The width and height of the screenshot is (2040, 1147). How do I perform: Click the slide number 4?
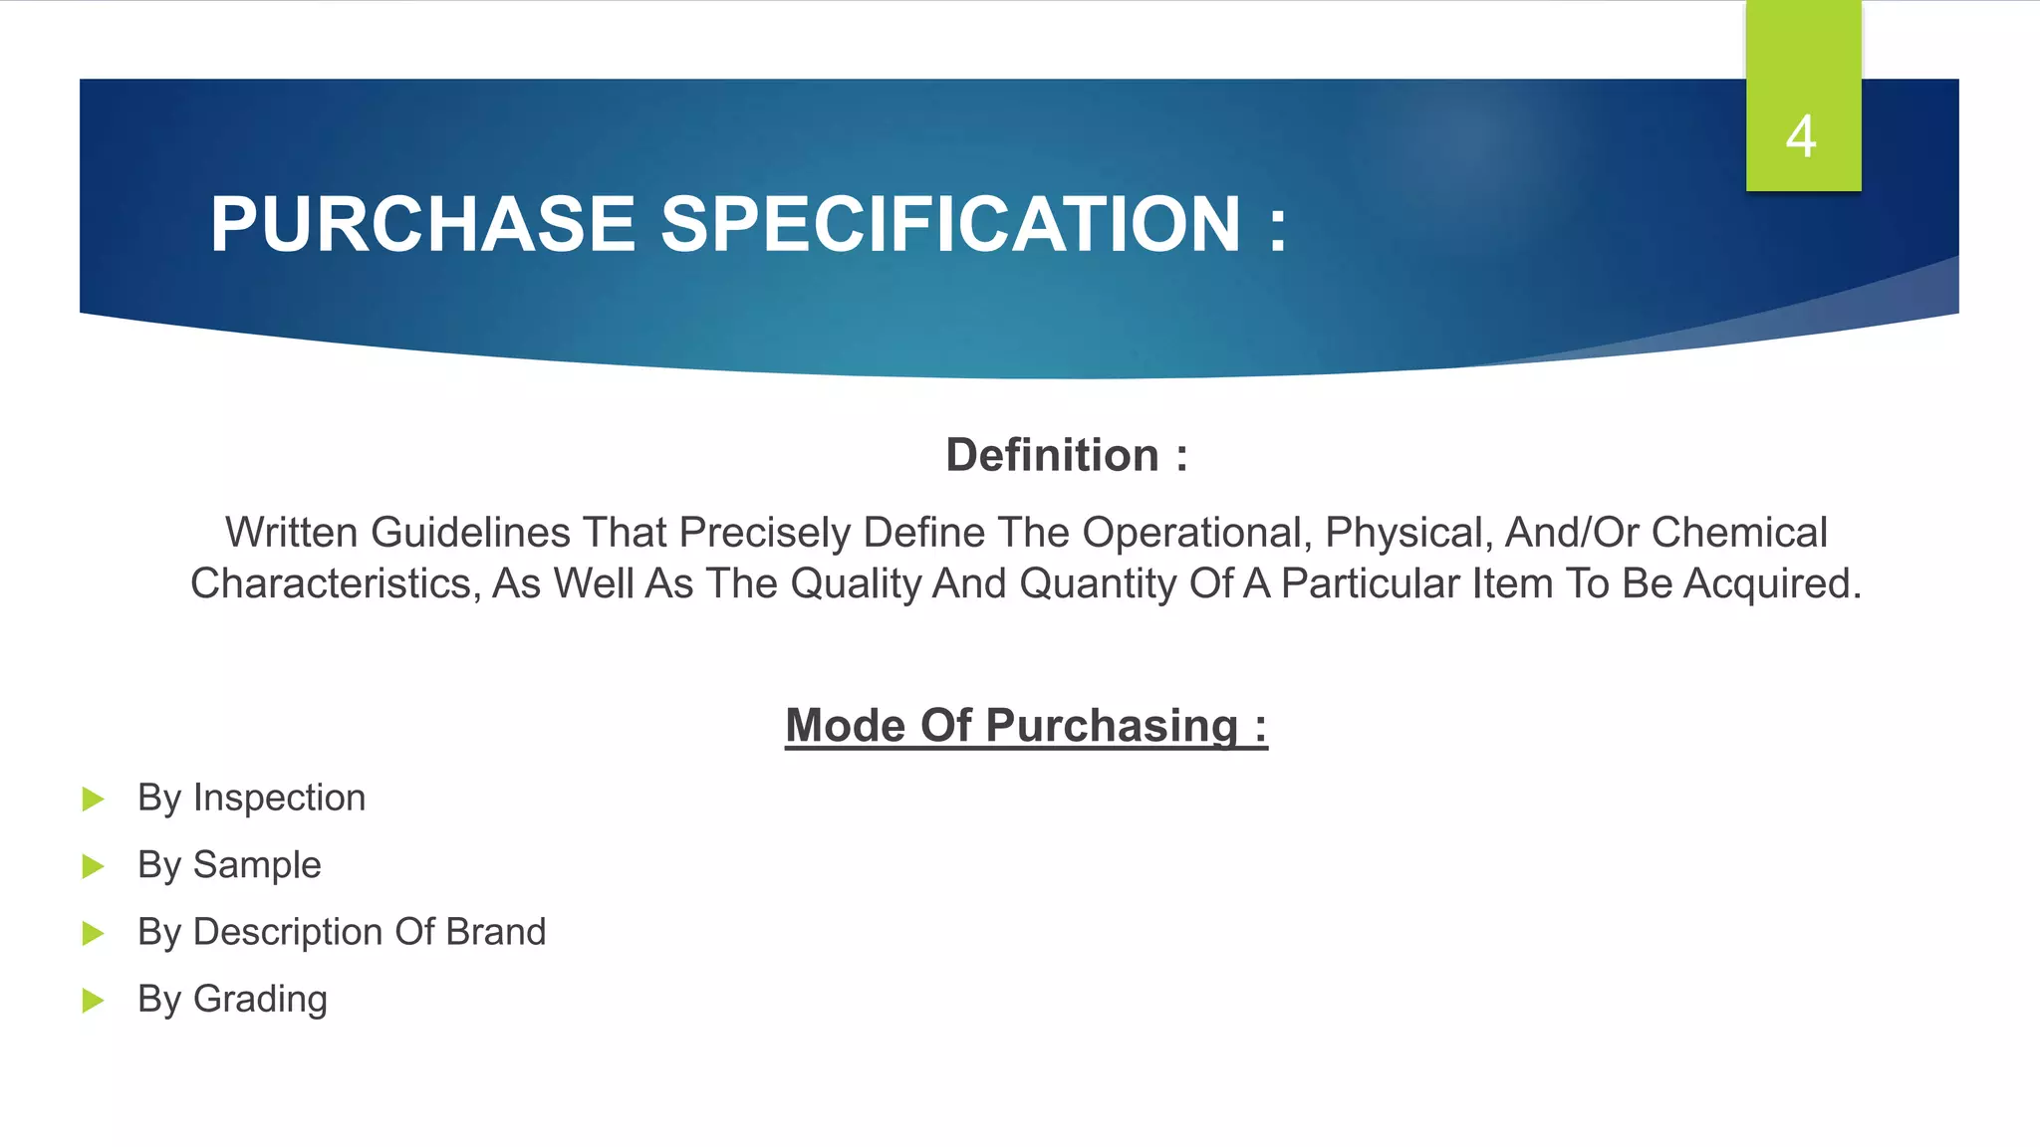pyautogui.click(x=1801, y=136)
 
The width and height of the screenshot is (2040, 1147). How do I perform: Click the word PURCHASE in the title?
pyautogui.click(x=422, y=224)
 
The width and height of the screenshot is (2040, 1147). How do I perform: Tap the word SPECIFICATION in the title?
pyautogui.click(x=950, y=224)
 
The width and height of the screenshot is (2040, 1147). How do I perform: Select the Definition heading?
pyautogui.click(x=1066, y=455)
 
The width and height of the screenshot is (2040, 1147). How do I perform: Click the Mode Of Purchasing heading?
pyautogui.click(x=1026, y=725)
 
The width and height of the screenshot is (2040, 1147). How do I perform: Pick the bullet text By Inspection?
pyautogui.click(x=251, y=798)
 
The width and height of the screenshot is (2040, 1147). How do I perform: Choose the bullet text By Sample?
pyautogui.click(x=229, y=864)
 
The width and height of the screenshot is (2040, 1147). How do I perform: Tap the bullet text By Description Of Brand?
pyautogui.click(x=342, y=932)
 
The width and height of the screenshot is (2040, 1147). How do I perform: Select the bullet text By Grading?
pyautogui.click(x=232, y=999)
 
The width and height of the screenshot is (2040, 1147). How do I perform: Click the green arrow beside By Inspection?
pyautogui.click(x=93, y=799)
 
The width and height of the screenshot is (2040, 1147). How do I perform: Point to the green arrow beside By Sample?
pyautogui.click(x=93, y=865)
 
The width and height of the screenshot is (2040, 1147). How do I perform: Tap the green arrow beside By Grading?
pyautogui.click(x=93, y=1000)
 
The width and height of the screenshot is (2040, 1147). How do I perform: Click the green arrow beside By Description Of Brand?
pyautogui.click(x=93, y=933)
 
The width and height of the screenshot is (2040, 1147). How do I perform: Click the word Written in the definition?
pyautogui.click(x=291, y=533)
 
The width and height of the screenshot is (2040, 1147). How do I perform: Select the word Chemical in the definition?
pyautogui.click(x=1739, y=533)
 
